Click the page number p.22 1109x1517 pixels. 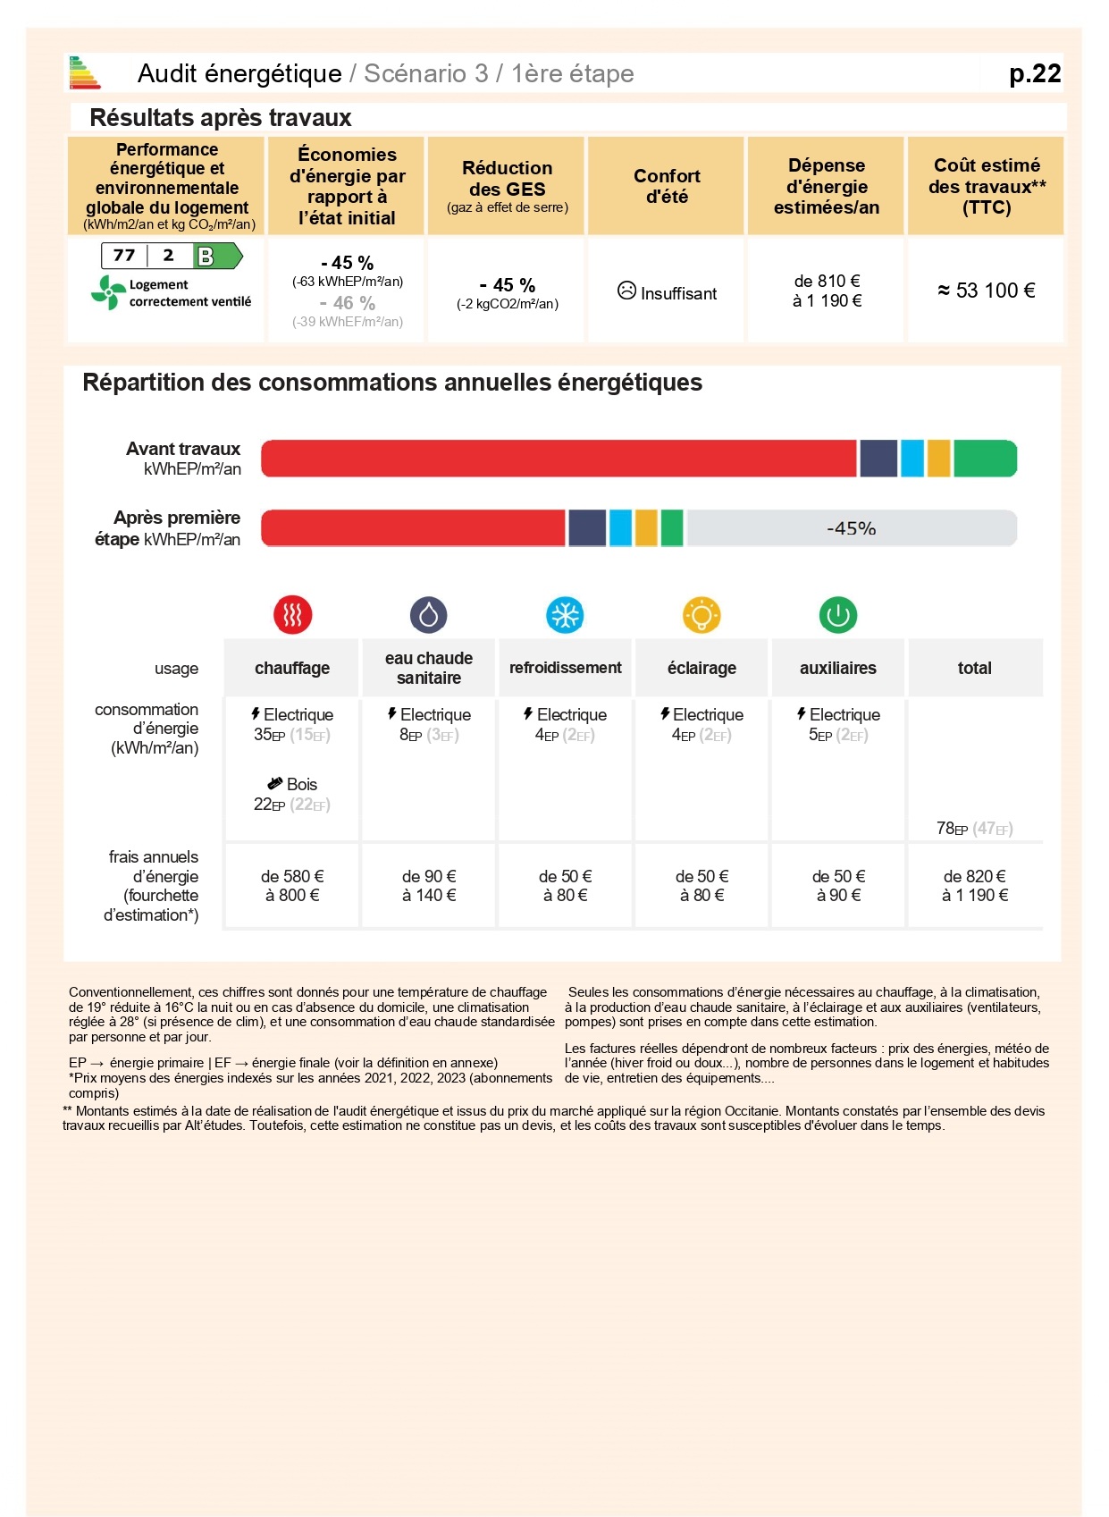(x=1034, y=73)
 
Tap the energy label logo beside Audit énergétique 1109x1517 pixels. (x=84, y=73)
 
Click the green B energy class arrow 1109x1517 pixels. (x=217, y=257)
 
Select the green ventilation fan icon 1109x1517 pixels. (x=108, y=292)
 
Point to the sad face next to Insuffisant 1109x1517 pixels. (x=626, y=291)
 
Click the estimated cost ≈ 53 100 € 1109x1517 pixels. (x=986, y=291)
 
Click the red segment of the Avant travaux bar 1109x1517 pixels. (x=559, y=459)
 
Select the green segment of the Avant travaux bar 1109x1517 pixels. (x=985, y=459)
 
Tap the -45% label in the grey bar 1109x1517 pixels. (x=851, y=528)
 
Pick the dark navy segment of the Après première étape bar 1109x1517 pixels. (x=587, y=528)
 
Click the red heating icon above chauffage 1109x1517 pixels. (x=292, y=615)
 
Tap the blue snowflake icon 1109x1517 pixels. (x=565, y=615)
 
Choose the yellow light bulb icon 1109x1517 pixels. (x=702, y=615)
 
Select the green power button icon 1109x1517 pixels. (x=838, y=615)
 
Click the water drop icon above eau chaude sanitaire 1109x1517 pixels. (x=429, y=615)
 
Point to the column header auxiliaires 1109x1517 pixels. (x=838, y=668)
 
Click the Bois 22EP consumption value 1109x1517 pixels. (x=292, y=795)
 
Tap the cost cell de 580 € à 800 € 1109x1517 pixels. (x=292, y=886)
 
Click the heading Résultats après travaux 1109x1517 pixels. (x=221, y=118)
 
